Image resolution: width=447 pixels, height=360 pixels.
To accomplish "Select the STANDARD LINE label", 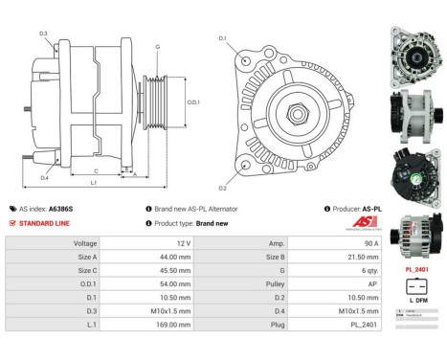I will [x=44, y=223].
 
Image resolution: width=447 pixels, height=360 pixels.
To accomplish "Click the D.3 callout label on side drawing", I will [x=44, y=34].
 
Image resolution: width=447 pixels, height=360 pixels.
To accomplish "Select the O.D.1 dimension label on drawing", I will [x=193, y=101].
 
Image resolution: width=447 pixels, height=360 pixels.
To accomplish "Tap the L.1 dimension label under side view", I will [x=93, y=182].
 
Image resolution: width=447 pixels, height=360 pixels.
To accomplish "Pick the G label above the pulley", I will [x=157, y=46].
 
